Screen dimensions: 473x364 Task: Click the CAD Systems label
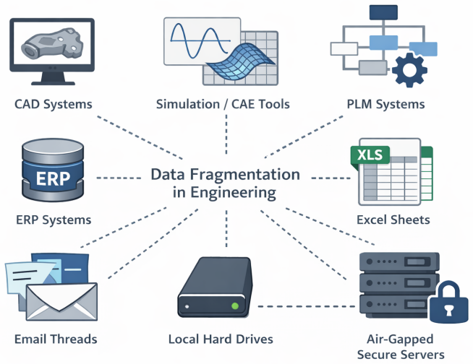[54, 104]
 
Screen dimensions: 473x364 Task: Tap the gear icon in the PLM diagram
[409, 70]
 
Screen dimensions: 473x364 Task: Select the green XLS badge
[370, 155]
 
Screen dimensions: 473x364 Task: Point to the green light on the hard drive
[234, 306]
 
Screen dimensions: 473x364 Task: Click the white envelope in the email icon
[61, 301]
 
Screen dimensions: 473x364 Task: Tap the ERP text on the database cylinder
[53, 178]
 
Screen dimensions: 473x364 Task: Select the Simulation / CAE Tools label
[223, 104]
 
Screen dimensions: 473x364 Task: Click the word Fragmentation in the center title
[244, 175]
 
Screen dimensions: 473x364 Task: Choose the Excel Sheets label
[393, 220]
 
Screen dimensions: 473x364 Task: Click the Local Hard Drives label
[221, 339]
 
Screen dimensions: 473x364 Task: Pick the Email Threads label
[56, 339]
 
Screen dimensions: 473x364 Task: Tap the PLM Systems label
[385, 104]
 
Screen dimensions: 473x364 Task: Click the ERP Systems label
[54, 220]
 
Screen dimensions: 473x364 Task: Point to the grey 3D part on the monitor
[52, 43]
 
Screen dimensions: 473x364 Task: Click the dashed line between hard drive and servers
[307, 306]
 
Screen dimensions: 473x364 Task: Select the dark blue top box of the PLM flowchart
[383, 12]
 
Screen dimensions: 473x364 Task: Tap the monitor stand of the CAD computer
[53, 78]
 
